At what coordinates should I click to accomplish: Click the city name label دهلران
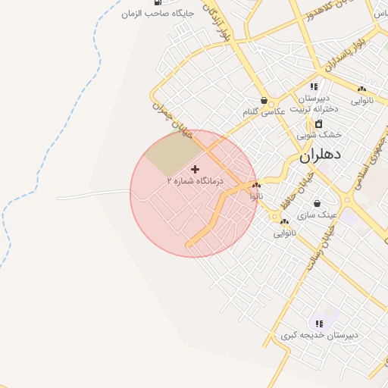pyautogui.click(x=321, y=155)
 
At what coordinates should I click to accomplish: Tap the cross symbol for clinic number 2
pyautogui.click(x=196, y=169)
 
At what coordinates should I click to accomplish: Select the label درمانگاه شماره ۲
pyautogui.click(x=196, y=182)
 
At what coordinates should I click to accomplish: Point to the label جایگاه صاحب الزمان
pyautogui.click(x=158, y=14)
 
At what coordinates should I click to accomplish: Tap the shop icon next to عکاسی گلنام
pyautogui.click(x=264, y=100)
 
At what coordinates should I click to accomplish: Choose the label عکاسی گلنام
pyautogui.click(x=263, y=111)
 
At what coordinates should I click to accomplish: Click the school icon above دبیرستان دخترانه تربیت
pyautogui.click(x=314, y=86)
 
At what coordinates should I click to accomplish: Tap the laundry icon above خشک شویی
pyautogui.click(x=319, y=124)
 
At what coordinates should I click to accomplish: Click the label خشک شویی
pyautogui.click(x=319, y=134)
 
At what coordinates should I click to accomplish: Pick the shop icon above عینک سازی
pyautogui.click(x=316, y=203)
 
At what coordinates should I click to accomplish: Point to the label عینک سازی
pyautogui.click(x=317, y=214)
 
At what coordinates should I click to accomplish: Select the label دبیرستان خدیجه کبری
pyautogui.click(x=319, y=335)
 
